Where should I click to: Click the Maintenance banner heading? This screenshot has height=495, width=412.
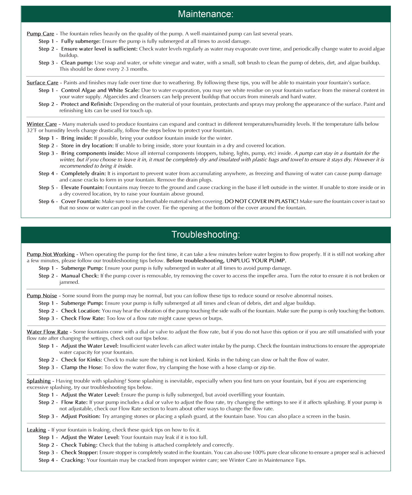pyautogui.click(x=206, y=14)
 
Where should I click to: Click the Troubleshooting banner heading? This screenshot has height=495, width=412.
pyautogui.click(x=206, y=235)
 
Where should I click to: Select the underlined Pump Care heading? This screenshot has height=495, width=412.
pyautogui.click(x=41, y=34)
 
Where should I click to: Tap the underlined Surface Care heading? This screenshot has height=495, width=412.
pyautogui.click(x=43, y=83)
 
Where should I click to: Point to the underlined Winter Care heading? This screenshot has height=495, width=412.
pyautogui.click(x=42, y=124)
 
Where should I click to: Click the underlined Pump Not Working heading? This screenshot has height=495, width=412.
pyautogui.click(x=51, y=254)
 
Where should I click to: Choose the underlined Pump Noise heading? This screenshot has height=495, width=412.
pyautogui.click(x=42, y=296)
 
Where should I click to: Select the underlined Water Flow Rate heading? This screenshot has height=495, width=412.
pyautogui.click(x=47, y=332)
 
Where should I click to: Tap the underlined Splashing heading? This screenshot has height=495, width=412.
pyautogui.click(x=39, y=381)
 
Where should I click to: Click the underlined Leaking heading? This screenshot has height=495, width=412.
pyautogui.click(x=36, y=430)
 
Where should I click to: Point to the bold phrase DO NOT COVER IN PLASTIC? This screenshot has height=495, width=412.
pyautogui.click(x=261, y=201)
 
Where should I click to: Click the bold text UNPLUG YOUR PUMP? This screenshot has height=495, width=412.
pyautogui.click(x=256, y=261)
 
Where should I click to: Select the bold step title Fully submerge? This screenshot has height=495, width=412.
pyautogui.click(x=81, y=41)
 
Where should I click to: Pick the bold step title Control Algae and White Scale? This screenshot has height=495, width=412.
pyautogui.click(x=100, y=90)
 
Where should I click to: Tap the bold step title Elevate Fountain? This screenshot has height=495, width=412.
pyautogui.click(x=82, y=187)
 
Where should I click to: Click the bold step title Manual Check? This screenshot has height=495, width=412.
pyautogui.click(x=80, y=276)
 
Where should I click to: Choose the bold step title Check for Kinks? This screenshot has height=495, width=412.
pyautogui.click(x=81, y=360)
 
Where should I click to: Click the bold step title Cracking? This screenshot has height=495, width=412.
pyautogui.click(x=73, y=460)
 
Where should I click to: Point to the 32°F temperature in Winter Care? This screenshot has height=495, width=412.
pyautogui.click(x=32, y=131)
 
